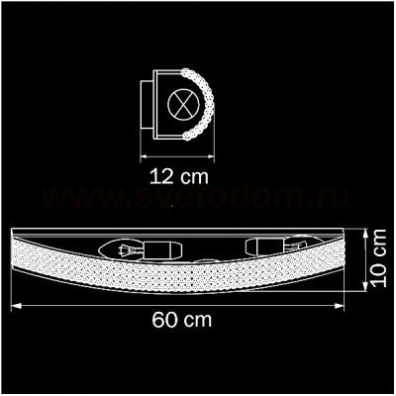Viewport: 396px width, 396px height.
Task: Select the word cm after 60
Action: coord(198,322)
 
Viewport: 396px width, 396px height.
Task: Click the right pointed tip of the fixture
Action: coord(357,234)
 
